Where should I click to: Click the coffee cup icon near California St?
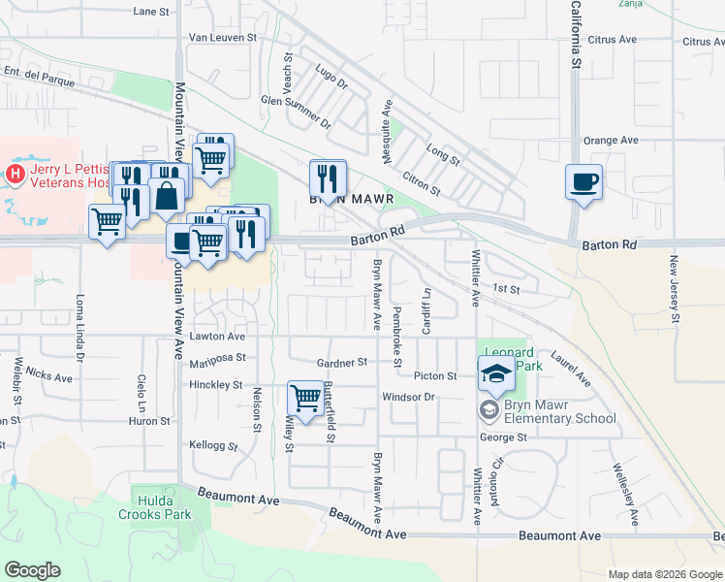coord(583,182)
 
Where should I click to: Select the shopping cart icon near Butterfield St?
coord(305,398)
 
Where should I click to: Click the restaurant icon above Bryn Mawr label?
coord(328,178)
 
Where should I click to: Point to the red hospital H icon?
coord(15,175)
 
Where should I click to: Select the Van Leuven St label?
coord(222,38)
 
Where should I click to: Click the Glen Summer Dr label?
coord(296,99)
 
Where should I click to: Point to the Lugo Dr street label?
coord(331,77)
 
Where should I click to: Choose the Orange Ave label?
coord(611,140)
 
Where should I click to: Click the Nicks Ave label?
coord(49,374)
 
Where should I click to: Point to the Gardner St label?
coord(342,362)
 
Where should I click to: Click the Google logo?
coord(32,570)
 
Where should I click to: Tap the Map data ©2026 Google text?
coord(664,574)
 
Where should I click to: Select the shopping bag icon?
coord(167,195)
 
